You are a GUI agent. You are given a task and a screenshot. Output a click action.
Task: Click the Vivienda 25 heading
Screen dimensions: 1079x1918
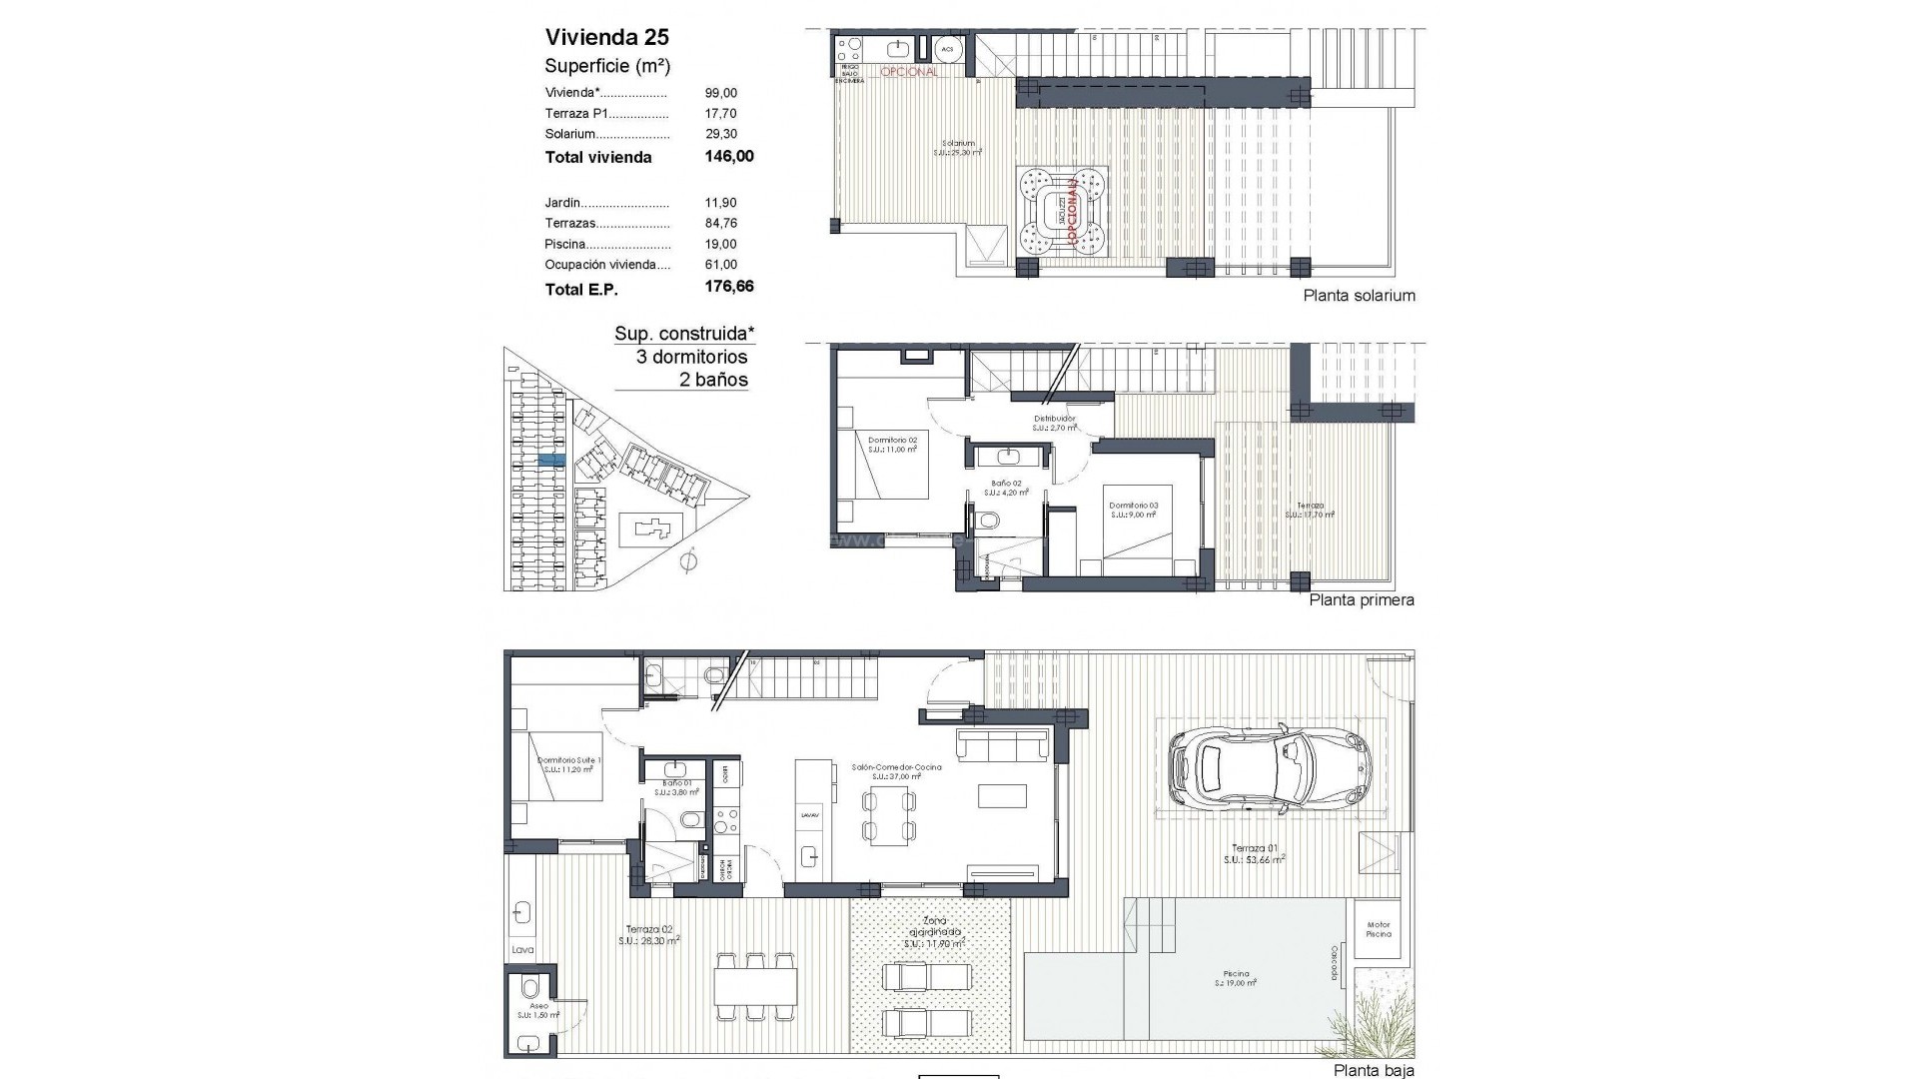(606, 37)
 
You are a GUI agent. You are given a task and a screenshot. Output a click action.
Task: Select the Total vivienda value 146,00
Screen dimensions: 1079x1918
(729, 157)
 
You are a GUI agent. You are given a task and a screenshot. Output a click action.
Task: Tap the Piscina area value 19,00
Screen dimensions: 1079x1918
(720, 244)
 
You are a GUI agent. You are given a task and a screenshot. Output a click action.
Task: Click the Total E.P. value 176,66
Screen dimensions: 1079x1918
(729, 287)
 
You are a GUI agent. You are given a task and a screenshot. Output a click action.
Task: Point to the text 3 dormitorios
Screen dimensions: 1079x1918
(691, 357)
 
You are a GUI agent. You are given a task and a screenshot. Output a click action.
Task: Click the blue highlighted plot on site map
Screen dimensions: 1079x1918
(551, 460)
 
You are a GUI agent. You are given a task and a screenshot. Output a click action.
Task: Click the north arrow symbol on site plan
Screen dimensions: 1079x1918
(686, 563)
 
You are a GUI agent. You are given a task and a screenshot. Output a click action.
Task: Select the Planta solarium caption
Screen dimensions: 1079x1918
(1359, 296)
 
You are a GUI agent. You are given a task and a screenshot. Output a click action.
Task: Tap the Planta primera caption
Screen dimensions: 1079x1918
(1361, 600)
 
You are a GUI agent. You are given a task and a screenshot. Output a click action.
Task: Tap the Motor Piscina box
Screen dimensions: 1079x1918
(1379, 929)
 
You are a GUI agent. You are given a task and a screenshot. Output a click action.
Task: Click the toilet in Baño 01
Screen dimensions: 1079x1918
(689, 820)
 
